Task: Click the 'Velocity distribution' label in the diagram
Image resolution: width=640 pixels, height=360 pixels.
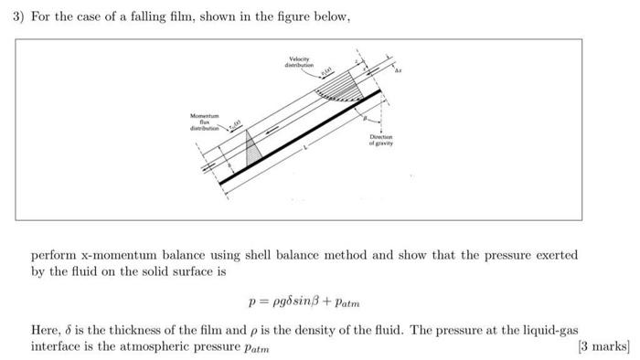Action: click(299, 65)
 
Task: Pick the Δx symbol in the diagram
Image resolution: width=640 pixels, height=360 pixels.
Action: click(399, 69)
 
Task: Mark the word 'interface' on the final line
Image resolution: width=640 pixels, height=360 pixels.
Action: click(59, 346)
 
